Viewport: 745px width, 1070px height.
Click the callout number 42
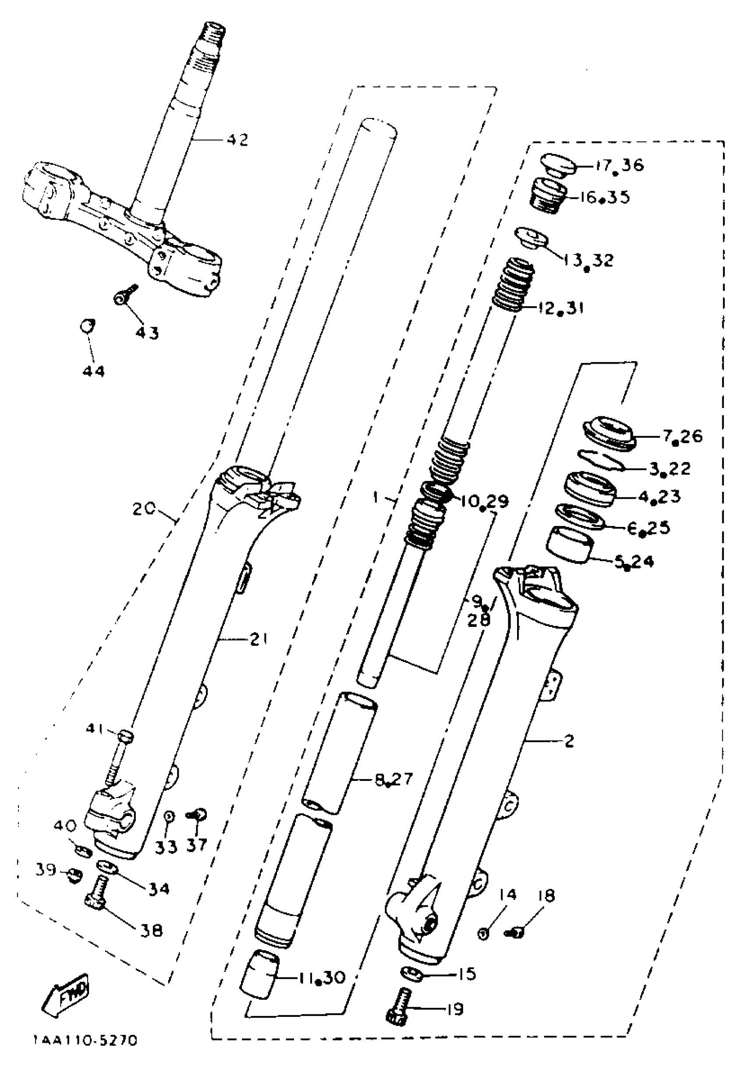[238, 140]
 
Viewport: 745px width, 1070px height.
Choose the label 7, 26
[683, 437]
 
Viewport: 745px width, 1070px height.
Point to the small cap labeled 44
[86, 324]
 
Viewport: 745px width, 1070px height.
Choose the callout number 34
[158, 889]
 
